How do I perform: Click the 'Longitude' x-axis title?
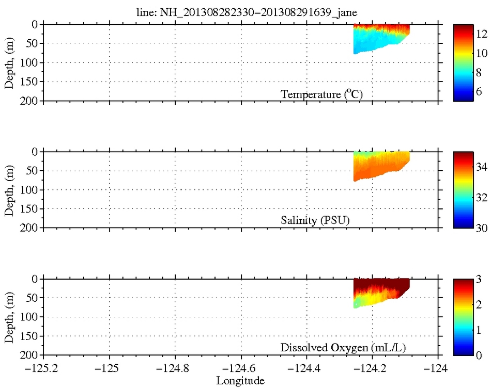point(241,381)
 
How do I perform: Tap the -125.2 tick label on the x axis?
point(43,370)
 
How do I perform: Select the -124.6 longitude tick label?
point(241,370)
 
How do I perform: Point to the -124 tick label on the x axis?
point(439,370)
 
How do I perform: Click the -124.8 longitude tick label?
point(175,370)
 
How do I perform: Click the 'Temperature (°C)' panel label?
point(325,94)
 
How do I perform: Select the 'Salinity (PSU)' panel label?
point(315,221)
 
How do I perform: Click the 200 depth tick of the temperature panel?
point(29,101)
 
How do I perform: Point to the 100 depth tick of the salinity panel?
point(29,190)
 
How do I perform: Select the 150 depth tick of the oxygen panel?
point(29,336)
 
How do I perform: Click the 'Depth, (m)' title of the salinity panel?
point(9,190)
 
